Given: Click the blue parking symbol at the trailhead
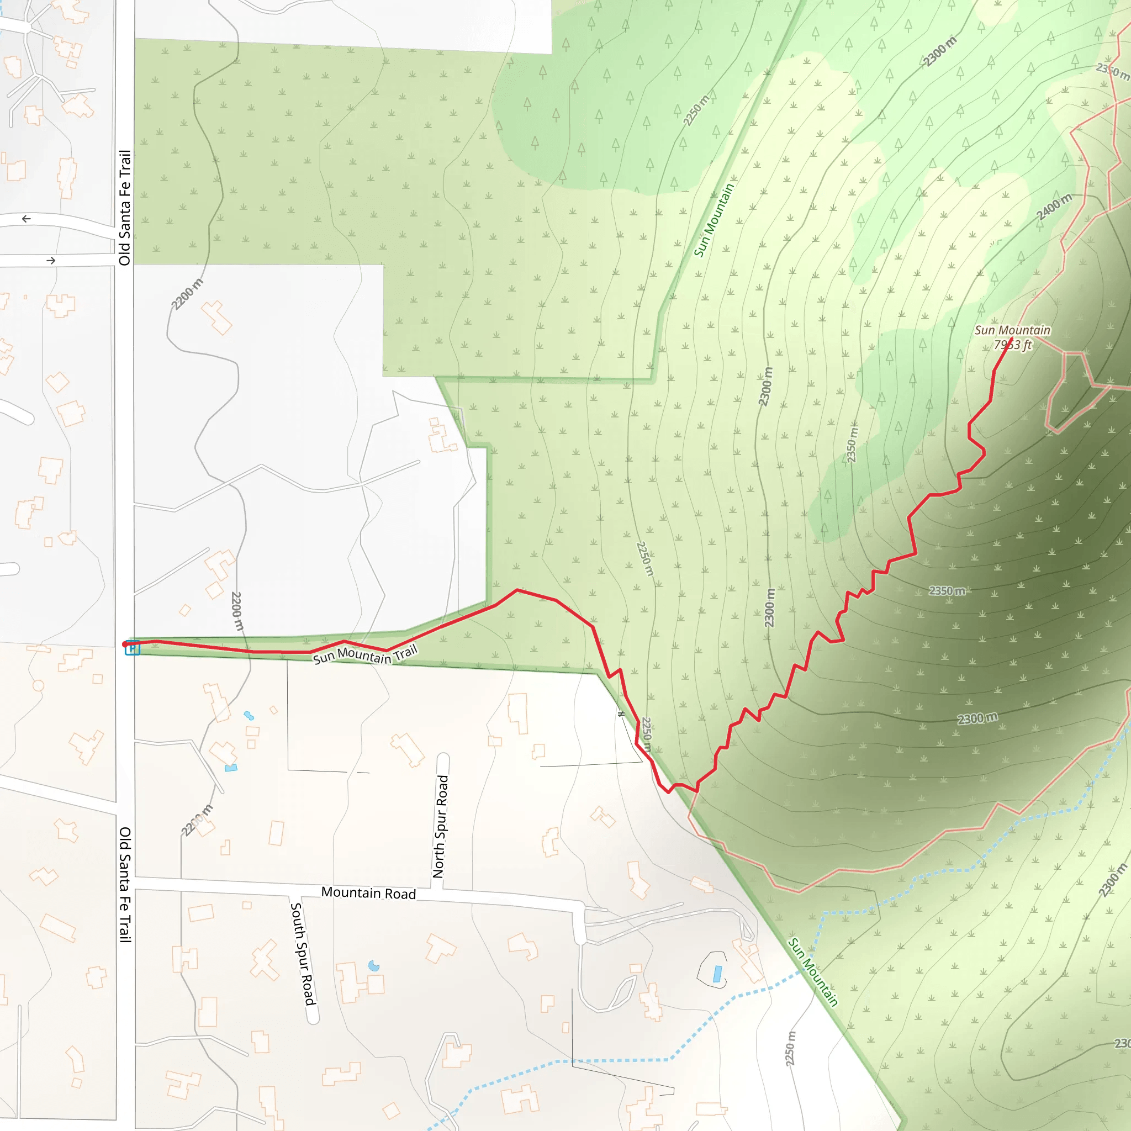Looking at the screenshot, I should coord(133,649).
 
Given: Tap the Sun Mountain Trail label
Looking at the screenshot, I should coord(364,654).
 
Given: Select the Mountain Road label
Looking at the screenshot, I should coord(368,893).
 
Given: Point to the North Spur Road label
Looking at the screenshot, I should coord(440,826).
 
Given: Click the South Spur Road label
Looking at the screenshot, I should coord(303,954).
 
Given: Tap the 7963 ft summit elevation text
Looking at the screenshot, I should coord(1012,345).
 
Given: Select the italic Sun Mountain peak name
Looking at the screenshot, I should coord(1012,330).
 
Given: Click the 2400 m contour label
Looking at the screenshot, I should coord(1054,207).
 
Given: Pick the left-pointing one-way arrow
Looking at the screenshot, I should coord(27,219).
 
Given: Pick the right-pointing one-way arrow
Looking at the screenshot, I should coord(51,261).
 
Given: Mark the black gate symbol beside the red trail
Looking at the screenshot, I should coord(621,714).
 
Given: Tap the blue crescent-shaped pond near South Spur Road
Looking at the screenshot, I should coord(373,965).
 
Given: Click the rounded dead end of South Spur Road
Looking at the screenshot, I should coord(313,1018).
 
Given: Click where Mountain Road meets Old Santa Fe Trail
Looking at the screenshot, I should coord(126,883).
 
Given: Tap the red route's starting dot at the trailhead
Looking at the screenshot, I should coord(125,644).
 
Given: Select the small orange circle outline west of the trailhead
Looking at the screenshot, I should coord(39,685).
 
